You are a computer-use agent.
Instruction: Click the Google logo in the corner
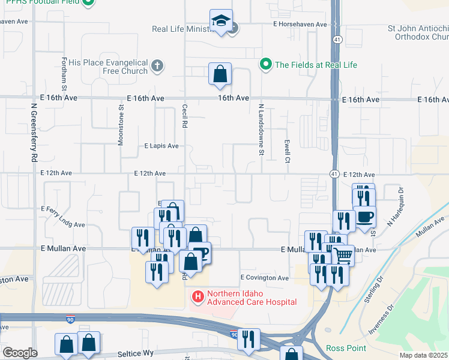[x=20, y=353]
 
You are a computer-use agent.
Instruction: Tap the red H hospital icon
[x=197, y=296]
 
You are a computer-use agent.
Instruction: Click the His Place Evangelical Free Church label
[x=108, y=67]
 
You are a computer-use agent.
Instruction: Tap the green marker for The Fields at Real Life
[x=265, y=64]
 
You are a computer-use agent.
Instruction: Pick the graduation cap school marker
[x=221, y=21]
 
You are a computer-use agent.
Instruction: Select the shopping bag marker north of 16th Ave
[x=220, y=74]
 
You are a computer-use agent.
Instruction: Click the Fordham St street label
[x=64, y=71]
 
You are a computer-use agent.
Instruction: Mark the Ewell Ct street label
[x=288, y=152]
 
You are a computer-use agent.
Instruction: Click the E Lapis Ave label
[x=161, y=146]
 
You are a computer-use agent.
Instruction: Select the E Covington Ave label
[x=265, y=278]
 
